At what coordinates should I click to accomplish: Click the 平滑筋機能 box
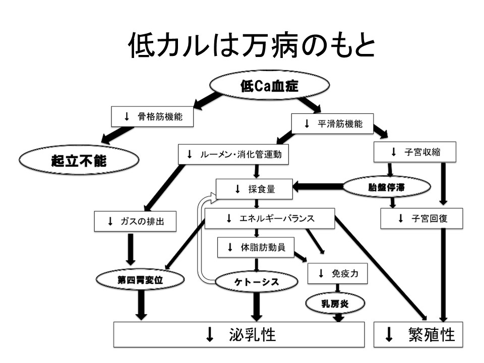point(333,124)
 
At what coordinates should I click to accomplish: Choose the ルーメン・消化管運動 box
point(234,154)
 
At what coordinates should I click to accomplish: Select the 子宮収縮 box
point(416,151)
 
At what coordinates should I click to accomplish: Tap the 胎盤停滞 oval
point(387,188)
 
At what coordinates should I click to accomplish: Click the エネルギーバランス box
point(270,218)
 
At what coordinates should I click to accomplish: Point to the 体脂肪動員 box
point(256,247)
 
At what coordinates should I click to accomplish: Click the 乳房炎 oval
point(335,302)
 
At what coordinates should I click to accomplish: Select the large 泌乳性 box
point(238,334)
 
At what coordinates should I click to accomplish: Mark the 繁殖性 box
point(419,334)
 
